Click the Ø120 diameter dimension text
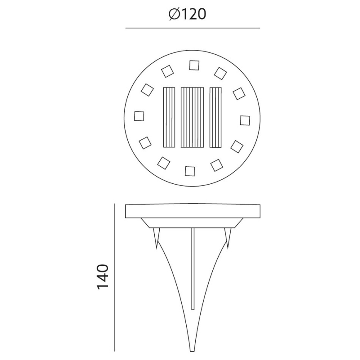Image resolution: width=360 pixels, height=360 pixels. coord(187,14)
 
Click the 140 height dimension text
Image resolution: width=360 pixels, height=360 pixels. coord(102,277)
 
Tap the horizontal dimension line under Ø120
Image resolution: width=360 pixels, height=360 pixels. coord(192,28)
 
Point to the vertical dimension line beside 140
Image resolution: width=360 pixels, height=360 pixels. coord(114,277)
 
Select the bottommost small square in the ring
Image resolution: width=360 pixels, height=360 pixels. coord(190,171)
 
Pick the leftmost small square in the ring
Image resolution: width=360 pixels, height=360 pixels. coord(139,116)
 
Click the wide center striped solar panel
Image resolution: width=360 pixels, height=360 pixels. coord(192,117)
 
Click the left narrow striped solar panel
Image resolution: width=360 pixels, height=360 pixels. coord(170,117)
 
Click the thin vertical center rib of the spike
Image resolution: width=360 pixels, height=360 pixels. coord(192,270)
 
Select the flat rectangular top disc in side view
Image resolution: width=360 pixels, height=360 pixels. coord(192,211)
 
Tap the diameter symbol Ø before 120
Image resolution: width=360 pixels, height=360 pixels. coord(174,14)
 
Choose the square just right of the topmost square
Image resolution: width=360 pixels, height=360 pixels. coord(220,73)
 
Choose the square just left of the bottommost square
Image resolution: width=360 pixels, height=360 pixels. coord(164,162)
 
